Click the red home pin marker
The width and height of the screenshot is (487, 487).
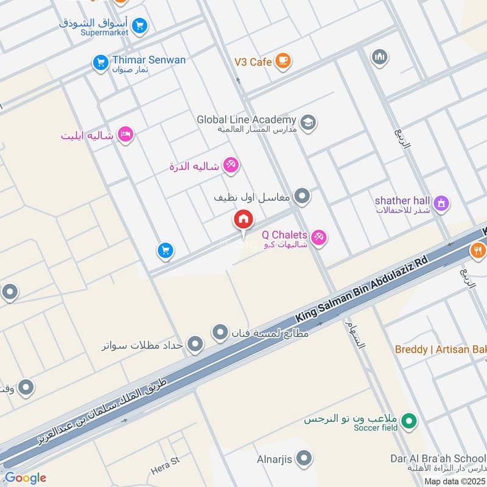pos(243,220)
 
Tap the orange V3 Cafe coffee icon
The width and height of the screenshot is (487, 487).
pos(282,61)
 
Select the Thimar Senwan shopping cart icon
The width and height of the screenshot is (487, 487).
pos(100,62)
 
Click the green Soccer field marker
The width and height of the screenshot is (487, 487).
pos(410,421)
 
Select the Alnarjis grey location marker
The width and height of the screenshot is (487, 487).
pos(304,457)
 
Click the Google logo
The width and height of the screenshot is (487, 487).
pos(26,478)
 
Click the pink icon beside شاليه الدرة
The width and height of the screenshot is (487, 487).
pos(230,165)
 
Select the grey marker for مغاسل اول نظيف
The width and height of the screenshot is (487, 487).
pos(302,197)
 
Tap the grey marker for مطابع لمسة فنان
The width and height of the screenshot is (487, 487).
pos(220,333)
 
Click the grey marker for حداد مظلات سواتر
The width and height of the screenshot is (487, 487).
pos(195,345)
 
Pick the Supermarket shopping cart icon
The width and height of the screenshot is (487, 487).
pos(140,26)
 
